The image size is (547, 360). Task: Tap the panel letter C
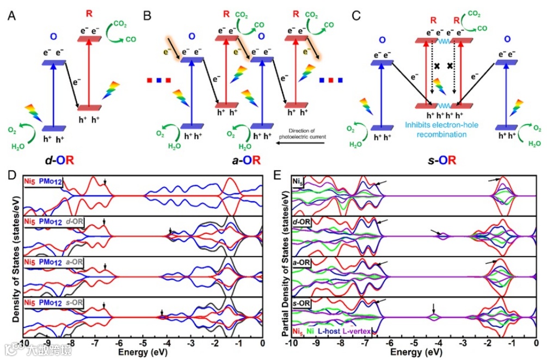[x=356, y=16]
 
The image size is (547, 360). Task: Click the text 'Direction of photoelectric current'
[x=303, y=133]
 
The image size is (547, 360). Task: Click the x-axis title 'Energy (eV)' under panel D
[x=143, y=352]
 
